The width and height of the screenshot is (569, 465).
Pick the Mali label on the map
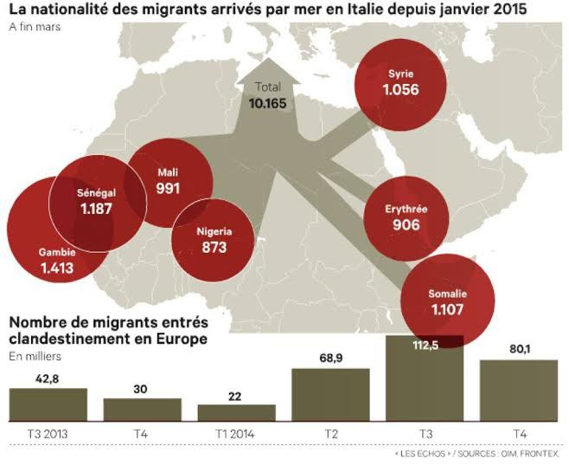[167, 171]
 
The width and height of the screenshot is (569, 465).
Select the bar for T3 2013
[48, 404]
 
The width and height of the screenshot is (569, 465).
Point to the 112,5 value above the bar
[424, 345]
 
